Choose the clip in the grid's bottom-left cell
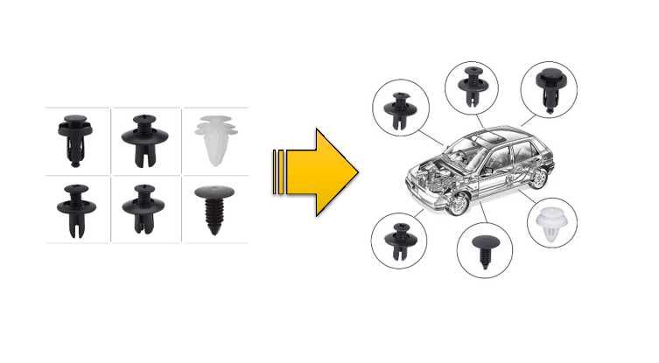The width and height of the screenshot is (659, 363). (x=74, y=208)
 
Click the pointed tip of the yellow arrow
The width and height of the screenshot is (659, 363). (x=355, y=172)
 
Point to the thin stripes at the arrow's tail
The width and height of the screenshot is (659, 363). (x=278, y=172)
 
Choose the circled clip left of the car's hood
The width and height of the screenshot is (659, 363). (x=401, y=108)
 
